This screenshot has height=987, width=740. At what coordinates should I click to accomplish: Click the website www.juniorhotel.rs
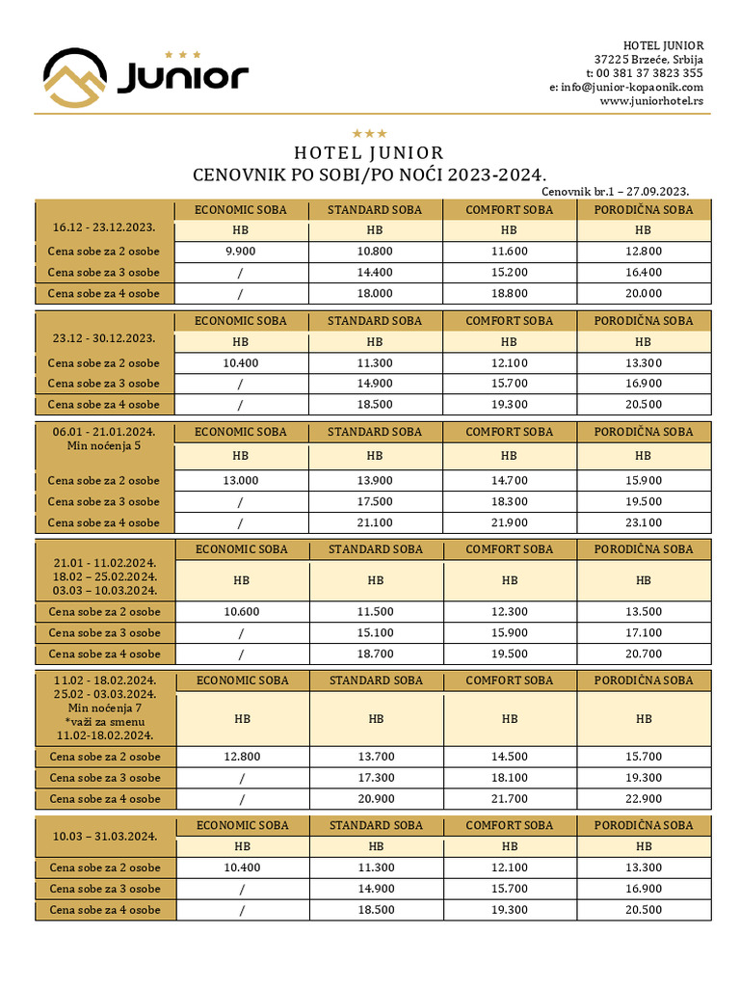point(651,100)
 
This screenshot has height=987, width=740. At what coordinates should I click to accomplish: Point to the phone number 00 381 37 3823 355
point(649,73)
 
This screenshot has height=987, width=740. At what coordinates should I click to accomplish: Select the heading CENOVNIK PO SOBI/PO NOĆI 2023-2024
point(369,175)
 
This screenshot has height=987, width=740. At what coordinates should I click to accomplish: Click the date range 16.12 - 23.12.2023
point(104,227)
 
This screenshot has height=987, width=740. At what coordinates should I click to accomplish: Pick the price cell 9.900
point(240,251)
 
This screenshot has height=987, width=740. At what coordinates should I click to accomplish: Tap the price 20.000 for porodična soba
point(643,293)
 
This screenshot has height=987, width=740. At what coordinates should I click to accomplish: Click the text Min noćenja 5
point(104,446)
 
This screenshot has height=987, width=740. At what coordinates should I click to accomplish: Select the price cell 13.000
point(240,480)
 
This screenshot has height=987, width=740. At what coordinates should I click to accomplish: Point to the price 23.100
point(643,522)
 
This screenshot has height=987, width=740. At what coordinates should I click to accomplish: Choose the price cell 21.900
point(509,522)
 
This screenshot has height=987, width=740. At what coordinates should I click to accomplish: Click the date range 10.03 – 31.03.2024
point(104,835)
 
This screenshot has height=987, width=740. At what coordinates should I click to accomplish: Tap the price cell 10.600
point(241,611)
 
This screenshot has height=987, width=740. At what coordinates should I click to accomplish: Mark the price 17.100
point(644,632)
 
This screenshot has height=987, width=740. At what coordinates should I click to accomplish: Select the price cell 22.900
point(644,798)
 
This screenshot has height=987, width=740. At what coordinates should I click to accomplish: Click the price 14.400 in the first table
point(375,272)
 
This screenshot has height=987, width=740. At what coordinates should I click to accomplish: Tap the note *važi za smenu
point(104,722)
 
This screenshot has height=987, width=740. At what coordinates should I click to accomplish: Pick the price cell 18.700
point(375,654)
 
